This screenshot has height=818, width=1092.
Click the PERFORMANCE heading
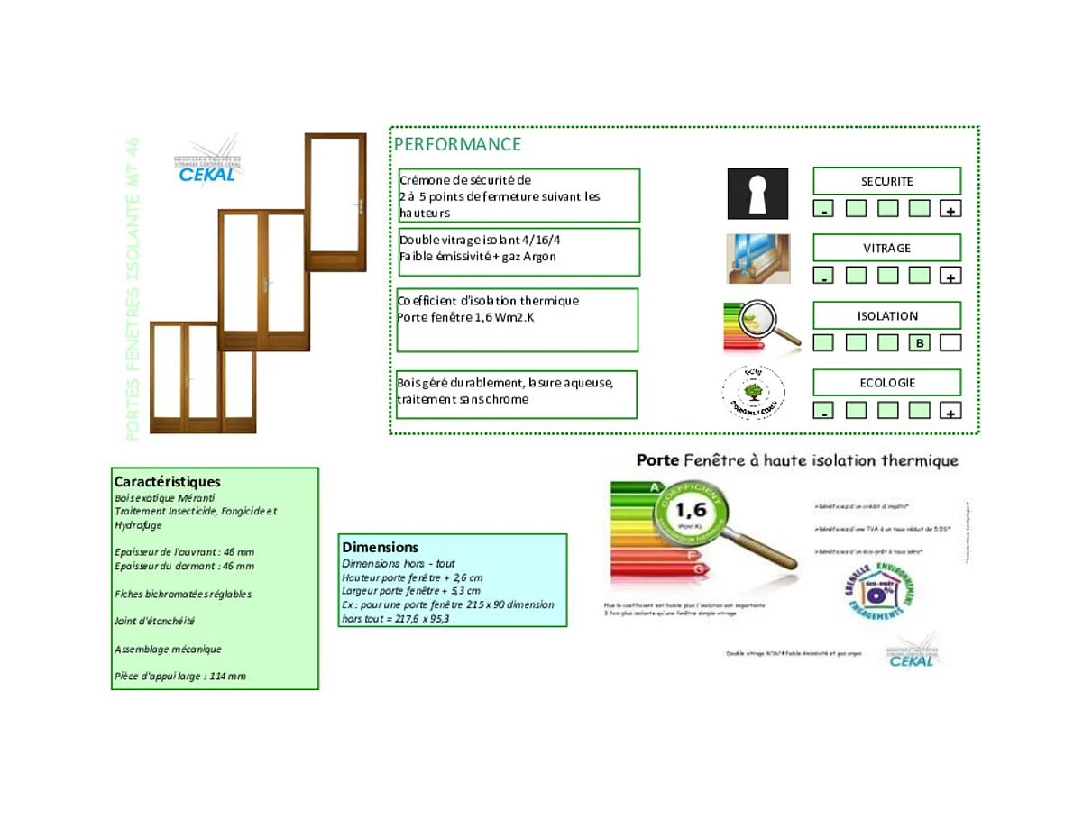tap(457, 144)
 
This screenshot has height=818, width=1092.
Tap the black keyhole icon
tap(757, 194)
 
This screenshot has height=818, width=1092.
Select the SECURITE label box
tap(886, 181)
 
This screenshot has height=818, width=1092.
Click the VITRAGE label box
tap(886, 248)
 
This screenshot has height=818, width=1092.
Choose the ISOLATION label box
tap(886, 315)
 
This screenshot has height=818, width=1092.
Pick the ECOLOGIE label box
tap(886, 383)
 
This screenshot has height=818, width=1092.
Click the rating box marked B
tap(919, 343)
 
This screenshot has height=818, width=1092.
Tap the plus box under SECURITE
tap(950, 210)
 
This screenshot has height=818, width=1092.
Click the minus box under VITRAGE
tap(823, 277)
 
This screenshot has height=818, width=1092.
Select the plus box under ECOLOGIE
tap(950, 412)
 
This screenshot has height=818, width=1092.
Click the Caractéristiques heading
tap(167, 482)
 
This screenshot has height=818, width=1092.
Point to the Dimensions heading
tap(380, 547)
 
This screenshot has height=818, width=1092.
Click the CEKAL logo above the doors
tap(207, 165)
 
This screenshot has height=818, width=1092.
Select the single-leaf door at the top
tap(335, 202)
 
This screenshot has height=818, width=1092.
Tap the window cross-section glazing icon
tap(757, 259)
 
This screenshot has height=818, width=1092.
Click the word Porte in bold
tap(657, 460)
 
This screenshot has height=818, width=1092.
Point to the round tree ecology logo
tap(753, 392)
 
